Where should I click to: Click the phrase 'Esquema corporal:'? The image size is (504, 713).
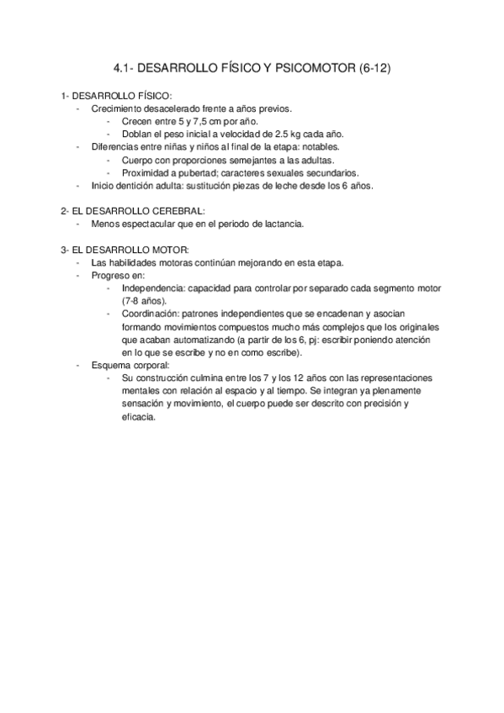[130, 366]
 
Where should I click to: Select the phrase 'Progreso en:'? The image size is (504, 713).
[118, 275]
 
